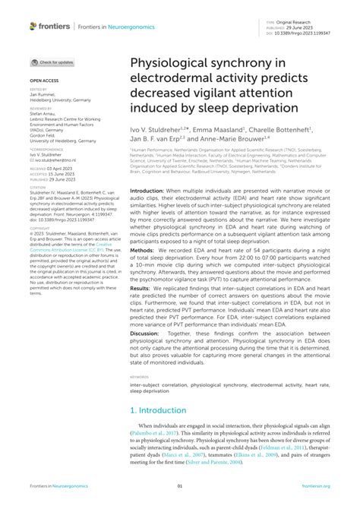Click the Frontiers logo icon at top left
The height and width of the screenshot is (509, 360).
pos(33,26)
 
